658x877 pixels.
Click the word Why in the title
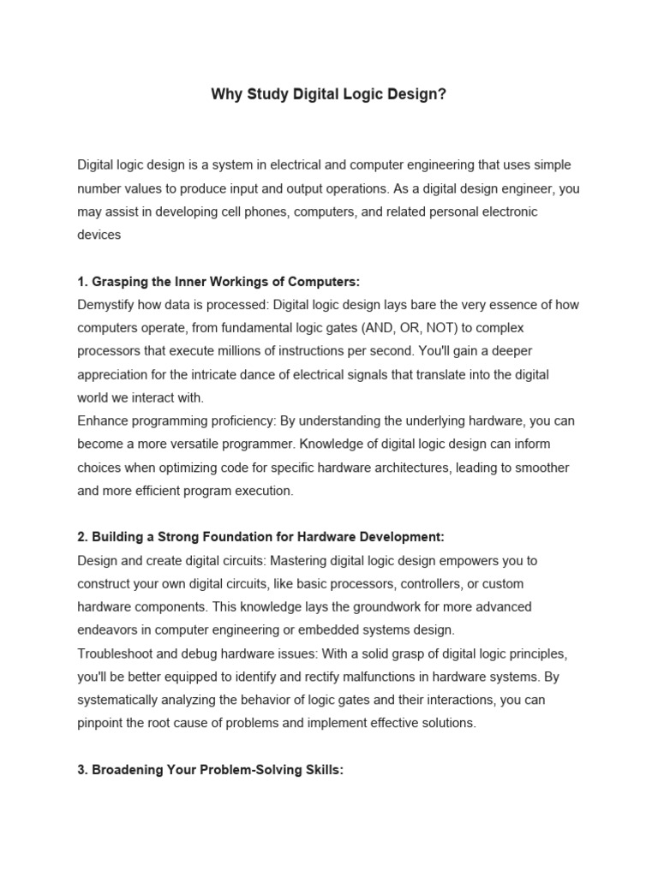tap(225, 94)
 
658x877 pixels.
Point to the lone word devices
tap(99, 234)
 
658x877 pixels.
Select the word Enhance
tap(103, 421)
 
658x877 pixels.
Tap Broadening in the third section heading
tap(126, 770)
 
